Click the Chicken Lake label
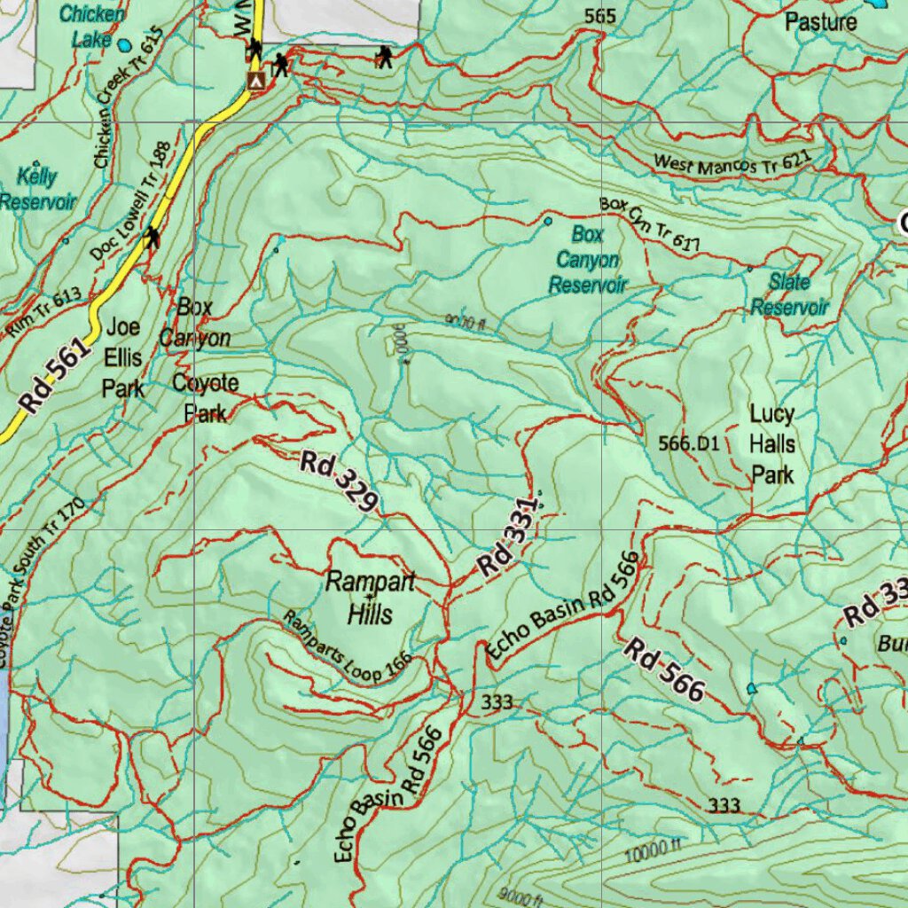(92, 27)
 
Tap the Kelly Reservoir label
(37, 189)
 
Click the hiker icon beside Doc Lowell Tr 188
(153, 237)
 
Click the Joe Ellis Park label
(123, 357)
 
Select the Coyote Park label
(206, 398)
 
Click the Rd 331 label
(507, 539)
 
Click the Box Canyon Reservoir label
(587, 260)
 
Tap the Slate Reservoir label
(789, 294)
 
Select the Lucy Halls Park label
(772, 444)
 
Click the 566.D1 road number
(689, 442)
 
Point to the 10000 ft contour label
(652, 853)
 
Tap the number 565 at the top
(600, 16)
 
